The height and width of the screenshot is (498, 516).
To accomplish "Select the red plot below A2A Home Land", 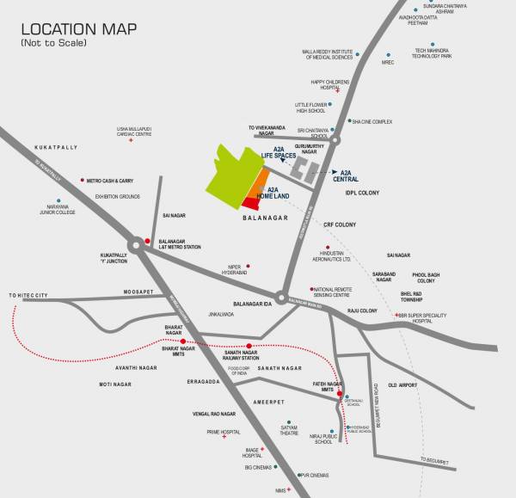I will pos(250,203).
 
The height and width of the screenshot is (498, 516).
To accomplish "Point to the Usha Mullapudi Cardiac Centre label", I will pos(134,132).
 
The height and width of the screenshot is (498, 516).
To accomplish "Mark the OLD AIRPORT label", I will pos(403,384).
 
